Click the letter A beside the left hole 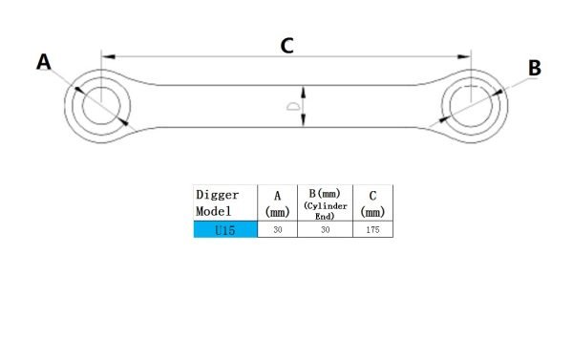(45, 63)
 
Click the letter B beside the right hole (534, 68)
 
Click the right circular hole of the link (472, 102)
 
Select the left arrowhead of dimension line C (106, 56)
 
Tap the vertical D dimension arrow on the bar (305, 106)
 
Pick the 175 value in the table (373, 230)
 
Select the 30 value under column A (277, 230)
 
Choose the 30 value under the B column (325, 230)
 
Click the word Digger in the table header (216, 194)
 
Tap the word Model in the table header (212, 211)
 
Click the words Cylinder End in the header (325, 210)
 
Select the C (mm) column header (373, 203)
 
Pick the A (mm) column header (277, 204)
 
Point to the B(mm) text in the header (325, 193)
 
